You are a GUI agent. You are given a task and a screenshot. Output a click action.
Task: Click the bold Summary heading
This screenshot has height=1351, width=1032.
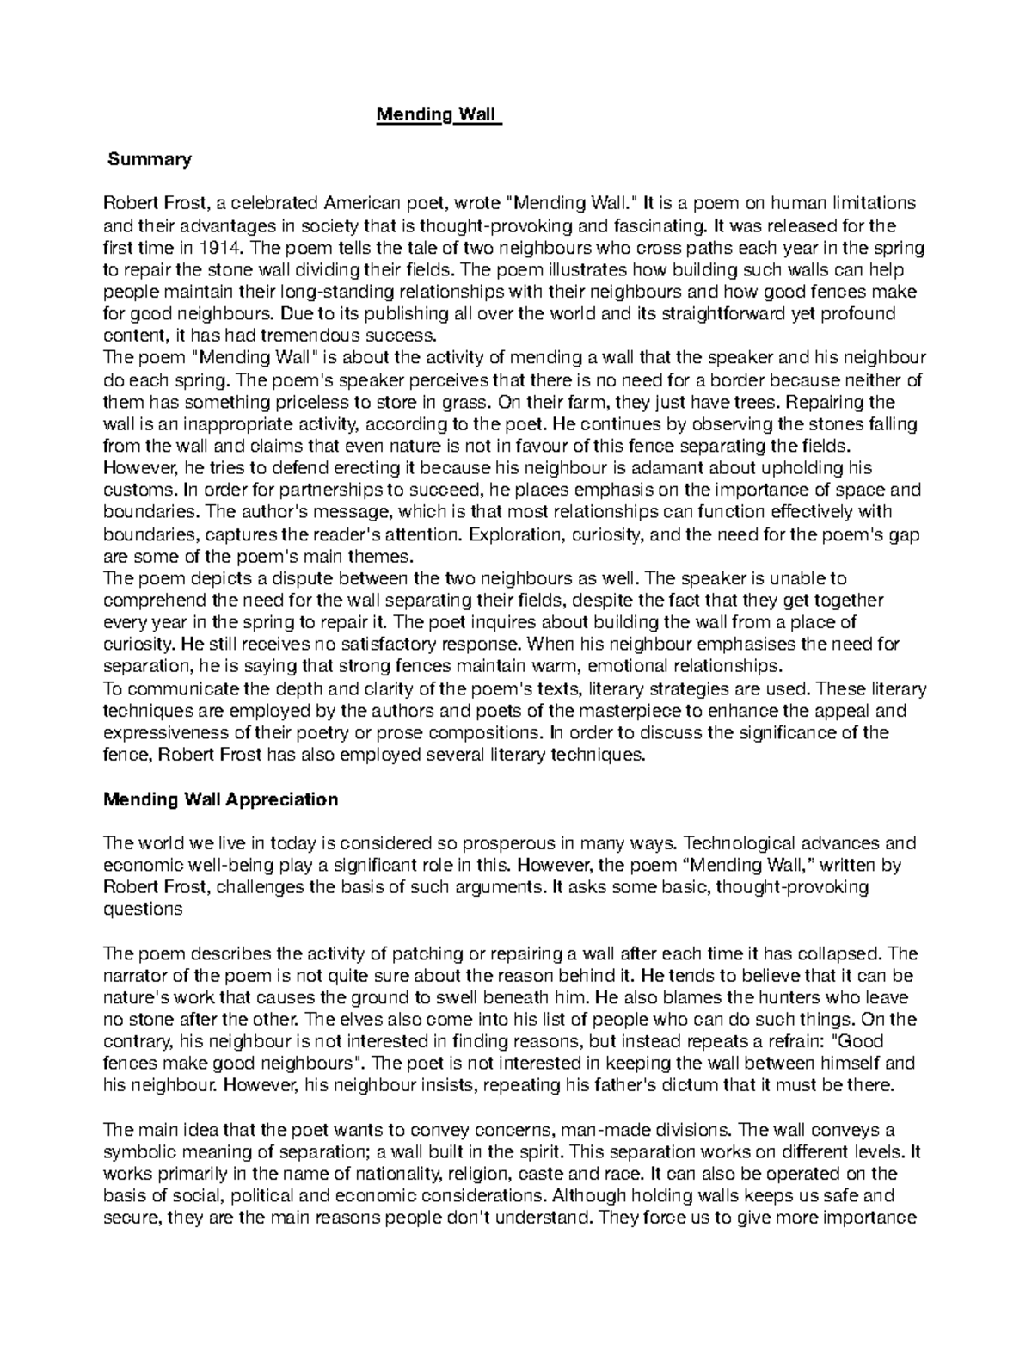(149, 159)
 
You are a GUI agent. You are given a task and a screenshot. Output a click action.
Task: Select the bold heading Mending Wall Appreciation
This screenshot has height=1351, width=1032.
(220, 799)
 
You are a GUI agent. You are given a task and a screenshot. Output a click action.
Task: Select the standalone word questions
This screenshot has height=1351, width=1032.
(143, 910)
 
